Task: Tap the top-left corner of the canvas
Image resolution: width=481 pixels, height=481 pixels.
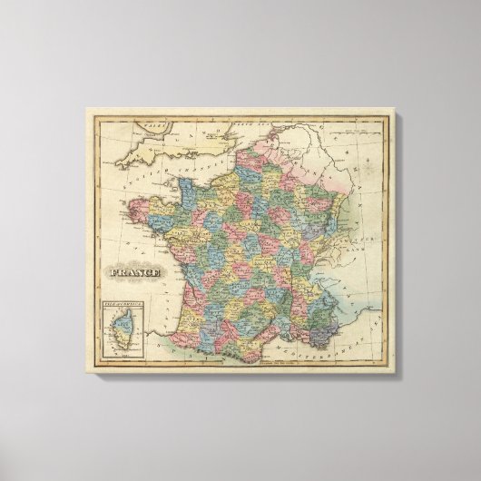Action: point(86,110)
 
